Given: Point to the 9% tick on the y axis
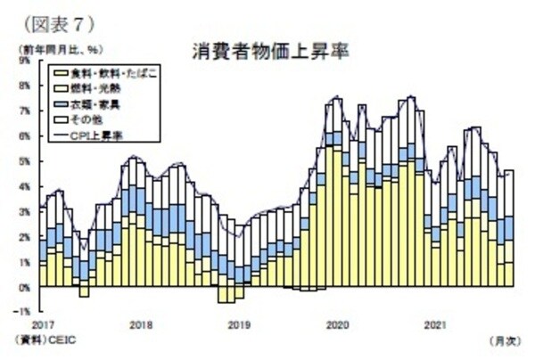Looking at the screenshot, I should tap(24, 61).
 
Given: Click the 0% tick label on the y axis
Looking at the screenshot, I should tap(24, 288).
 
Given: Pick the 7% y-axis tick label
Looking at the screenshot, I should tap(24, 111).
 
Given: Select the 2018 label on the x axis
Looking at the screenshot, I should tap(141, 323).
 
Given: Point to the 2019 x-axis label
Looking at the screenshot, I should tap(239, 323).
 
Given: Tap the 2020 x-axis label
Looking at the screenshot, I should tap(337, 323).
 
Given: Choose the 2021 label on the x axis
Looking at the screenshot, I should tap(434, 323).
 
